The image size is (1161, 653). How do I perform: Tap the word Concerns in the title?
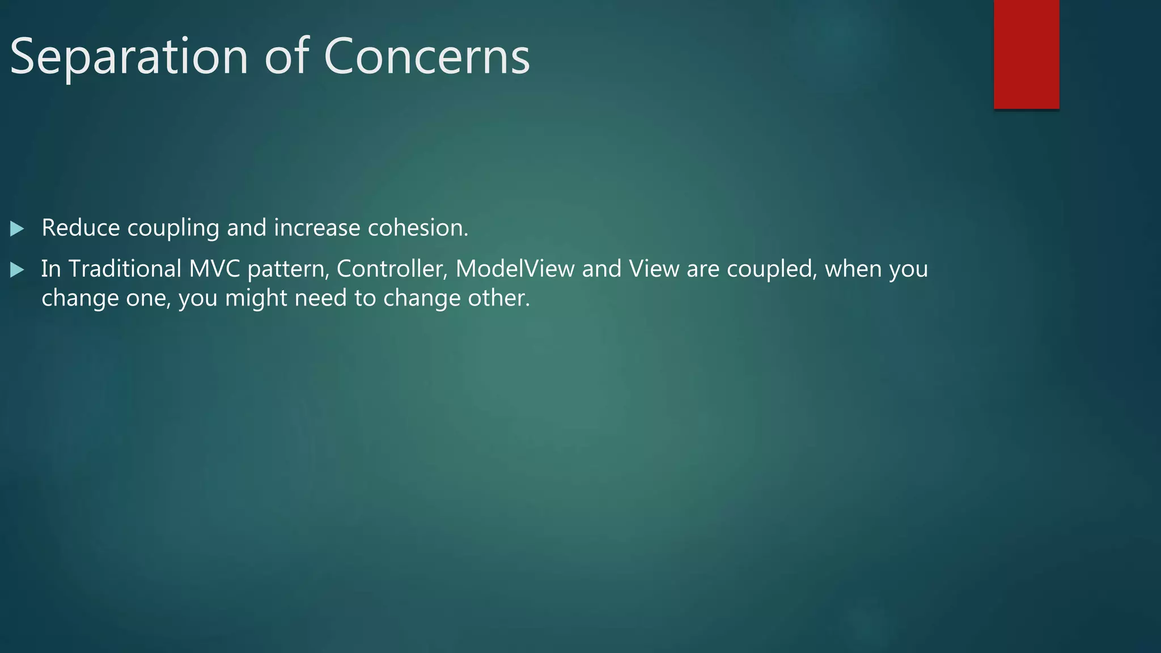[426, 57]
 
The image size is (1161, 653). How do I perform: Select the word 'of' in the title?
[286, 57]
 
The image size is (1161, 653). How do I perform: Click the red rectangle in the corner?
[1026, 54]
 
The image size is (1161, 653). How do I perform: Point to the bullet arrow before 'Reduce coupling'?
[17, 229]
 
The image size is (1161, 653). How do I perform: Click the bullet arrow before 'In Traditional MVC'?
[17, 270]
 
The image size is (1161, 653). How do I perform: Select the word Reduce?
[80, 228]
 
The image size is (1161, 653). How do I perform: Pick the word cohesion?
[418, 228]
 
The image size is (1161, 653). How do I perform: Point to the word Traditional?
[125, 269]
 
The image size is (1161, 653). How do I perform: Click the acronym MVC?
[214, 269]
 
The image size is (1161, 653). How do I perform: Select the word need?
[321, 298]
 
